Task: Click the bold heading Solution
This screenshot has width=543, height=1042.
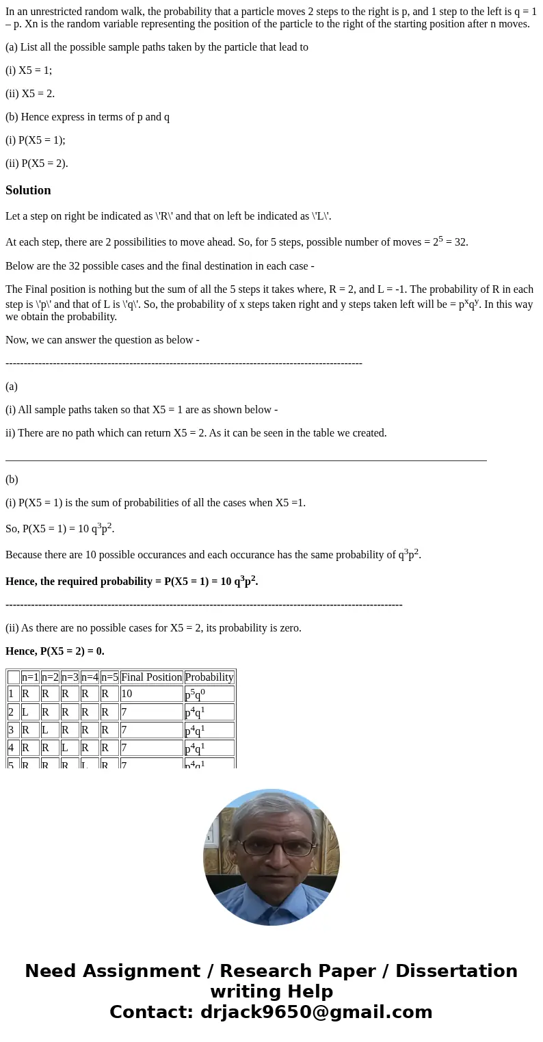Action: pyautogui.click(x=28, y=190)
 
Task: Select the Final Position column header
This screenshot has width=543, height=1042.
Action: pyautogui.click(x=151, y=677)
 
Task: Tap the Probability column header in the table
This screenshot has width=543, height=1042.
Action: pyautogui.click(x=209, y=677)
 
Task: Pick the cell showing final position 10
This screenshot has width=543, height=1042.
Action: pyautogui.click(x=127, y=694)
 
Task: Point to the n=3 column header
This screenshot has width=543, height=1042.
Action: pyautogui.click(x=70, y=677)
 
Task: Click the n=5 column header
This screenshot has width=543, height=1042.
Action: pyautogui.click(x=109, y=677)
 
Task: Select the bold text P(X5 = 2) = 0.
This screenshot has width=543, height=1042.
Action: pyautogui.click(x=55, y=651)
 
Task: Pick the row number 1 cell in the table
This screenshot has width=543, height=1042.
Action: pyautogui.click(x=12, y=694)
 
